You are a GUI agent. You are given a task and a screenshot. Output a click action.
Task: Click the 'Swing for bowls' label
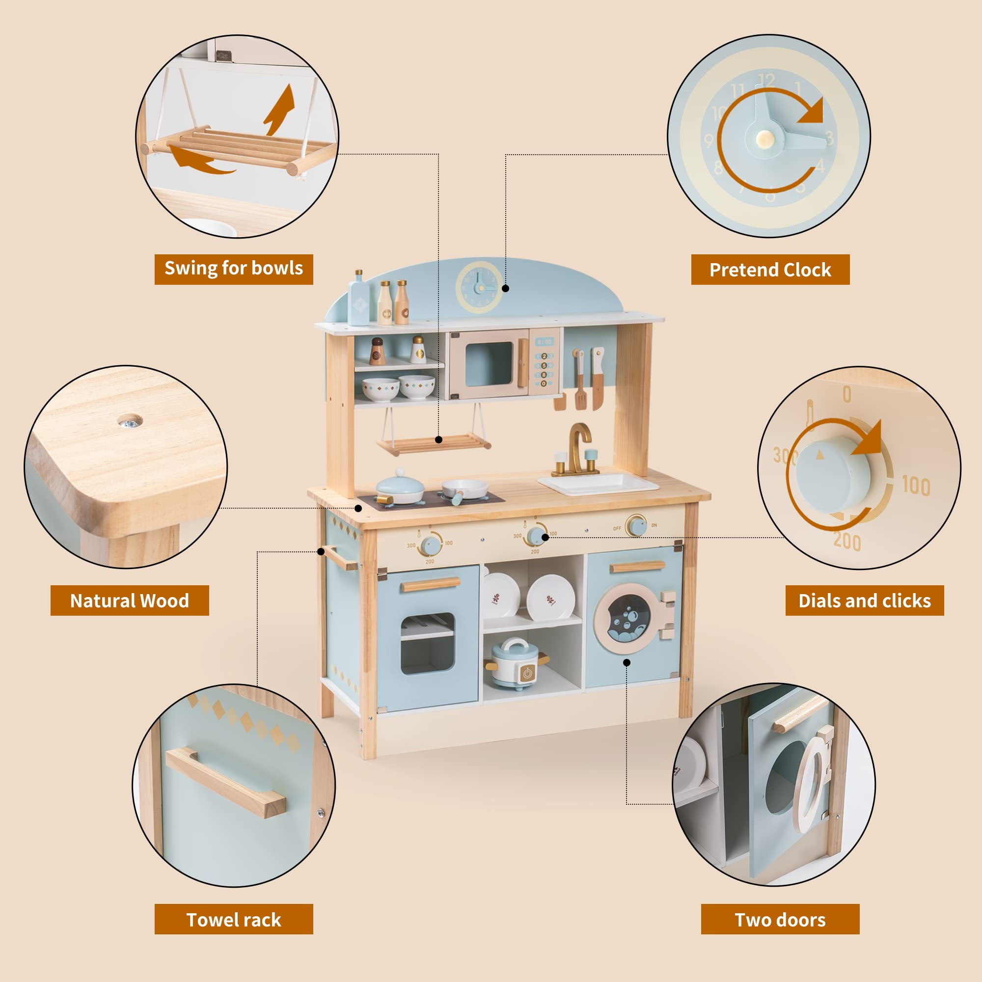pos(233,269)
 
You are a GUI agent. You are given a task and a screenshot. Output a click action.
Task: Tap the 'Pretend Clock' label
pos(770,270)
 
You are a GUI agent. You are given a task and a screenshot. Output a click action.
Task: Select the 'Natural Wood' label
pos(130,600)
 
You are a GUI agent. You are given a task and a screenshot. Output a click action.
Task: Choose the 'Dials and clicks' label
pos(865,600)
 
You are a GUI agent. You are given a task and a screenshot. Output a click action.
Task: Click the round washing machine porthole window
pos(628,619)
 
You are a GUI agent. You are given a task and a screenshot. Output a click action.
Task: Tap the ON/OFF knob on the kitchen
pos(636,525)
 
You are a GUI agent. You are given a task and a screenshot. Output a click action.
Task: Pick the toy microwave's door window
pos(489,364)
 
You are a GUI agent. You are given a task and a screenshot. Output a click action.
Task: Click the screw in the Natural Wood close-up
pos(130,421)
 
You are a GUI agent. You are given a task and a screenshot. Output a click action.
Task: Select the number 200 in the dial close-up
pos(847,541)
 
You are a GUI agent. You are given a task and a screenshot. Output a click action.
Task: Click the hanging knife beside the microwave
pos(598,378)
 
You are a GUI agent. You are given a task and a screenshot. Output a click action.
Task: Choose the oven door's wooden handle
pos(431,584)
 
